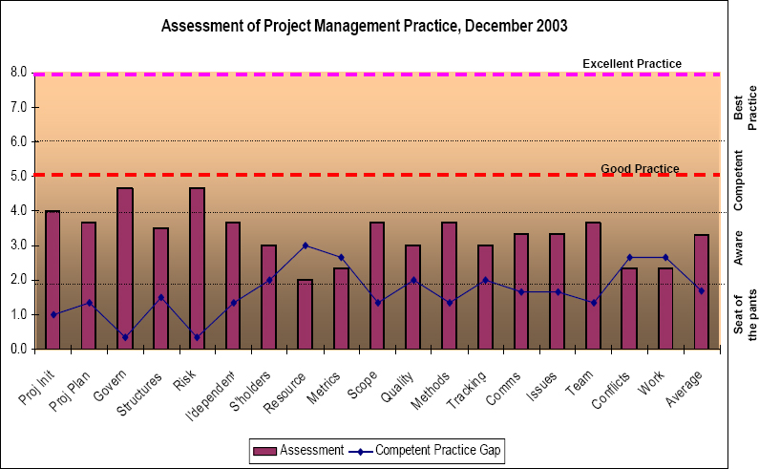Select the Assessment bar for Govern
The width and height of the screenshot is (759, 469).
pos(125,268)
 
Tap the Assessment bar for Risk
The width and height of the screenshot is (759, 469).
pos(197,268)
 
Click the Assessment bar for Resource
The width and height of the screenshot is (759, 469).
pos(305,314)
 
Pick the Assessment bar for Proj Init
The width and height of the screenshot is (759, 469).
pos(53,280)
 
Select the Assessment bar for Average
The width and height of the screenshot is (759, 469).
pos(701,291)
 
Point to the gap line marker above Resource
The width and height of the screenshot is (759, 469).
pos(305,245)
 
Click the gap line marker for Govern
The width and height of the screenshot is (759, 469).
pos(125,337)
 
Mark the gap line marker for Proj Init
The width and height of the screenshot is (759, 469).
pos(53,314)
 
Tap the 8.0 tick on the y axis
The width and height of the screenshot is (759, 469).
pos(19,73)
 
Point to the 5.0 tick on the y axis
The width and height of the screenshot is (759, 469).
pos(19,176)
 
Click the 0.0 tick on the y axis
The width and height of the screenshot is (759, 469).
pos(19,349)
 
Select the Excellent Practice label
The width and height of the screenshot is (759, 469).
pos(632,64)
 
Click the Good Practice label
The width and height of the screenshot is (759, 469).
pos(640,169)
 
